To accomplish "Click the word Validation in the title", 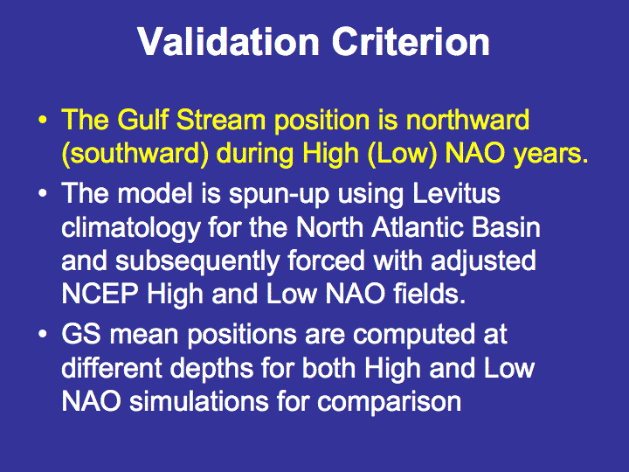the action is [228, 42].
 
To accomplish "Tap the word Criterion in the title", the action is [411, 42].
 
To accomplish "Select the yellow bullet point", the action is [43, 120].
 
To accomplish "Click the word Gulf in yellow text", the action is [142, 120].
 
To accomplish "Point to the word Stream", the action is [221, 120].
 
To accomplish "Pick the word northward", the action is [467, 120].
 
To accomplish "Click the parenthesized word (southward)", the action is [135, 154].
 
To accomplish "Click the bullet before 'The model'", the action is [43, 193].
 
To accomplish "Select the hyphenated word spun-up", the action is [279, 194].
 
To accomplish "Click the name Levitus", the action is [457, 193].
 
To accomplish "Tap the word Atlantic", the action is [417, 227].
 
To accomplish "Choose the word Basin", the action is [506, 227].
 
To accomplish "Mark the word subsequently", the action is [197, 261].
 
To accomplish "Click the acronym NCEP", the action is [100, 294].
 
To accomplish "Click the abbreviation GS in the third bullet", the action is [81, 334].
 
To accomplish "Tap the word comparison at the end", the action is [389, 402].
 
